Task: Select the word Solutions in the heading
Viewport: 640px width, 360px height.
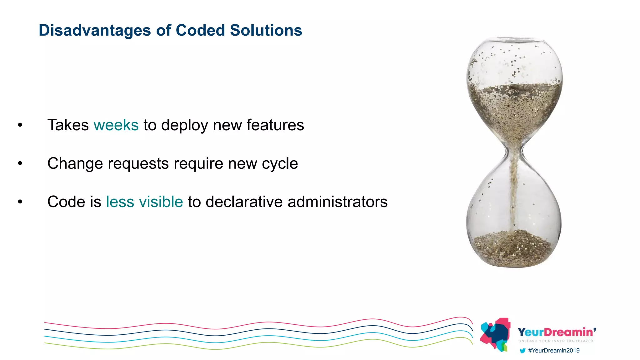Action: [266, 30]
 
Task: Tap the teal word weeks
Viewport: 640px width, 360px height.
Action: [116, 125]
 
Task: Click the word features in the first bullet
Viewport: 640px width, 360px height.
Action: [275, 125]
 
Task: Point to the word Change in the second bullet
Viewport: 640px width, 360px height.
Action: [75, 163]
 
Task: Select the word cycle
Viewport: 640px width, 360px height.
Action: [280, 164]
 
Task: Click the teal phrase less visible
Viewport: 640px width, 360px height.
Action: [144, 202]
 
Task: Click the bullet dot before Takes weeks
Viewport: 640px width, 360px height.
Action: [20, 125]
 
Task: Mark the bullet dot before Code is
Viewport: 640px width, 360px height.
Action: [20, 202]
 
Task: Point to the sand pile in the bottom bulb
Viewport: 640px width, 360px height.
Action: [512, 248]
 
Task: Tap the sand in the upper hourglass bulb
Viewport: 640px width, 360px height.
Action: [514, 106]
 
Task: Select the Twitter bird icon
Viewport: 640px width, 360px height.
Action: [522, 351]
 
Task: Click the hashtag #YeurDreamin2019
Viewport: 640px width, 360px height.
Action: [553, 351]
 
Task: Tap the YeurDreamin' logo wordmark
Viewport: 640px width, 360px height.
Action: [556, 332]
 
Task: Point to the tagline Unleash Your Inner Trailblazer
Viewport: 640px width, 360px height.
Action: [556, 341]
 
